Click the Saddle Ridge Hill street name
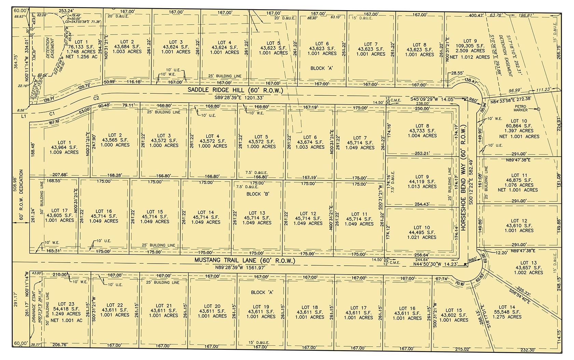point(235,90)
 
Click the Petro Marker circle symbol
point(538,109)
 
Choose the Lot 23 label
point(66,304)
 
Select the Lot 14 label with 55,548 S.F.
point(507,307)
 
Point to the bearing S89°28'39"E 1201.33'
point(239,97)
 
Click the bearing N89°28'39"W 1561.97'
point(239,267)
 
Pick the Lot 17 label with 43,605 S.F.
point(59,211)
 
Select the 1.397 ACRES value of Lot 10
point(519,131)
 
